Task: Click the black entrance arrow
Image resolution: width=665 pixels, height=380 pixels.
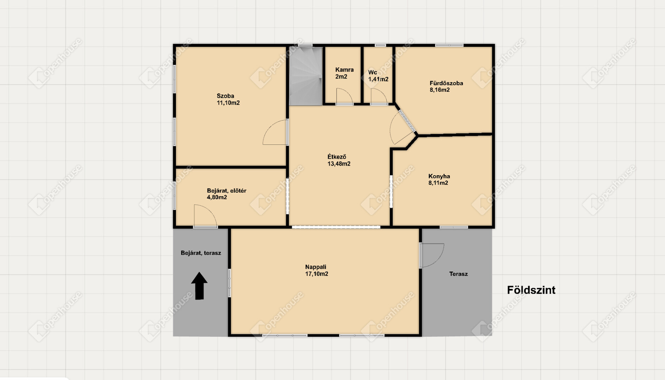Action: pos(199,286)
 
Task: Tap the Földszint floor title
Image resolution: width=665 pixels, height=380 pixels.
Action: pos(531,290)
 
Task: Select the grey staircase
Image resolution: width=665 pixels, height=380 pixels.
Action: pos(306,76)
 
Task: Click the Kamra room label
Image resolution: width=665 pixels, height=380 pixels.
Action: pos(344,70)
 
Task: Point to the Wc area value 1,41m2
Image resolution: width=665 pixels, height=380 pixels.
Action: pos(378,79)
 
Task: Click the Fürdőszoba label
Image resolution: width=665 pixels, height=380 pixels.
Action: pos(446,83)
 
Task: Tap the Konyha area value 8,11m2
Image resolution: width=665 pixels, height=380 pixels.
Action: pos(438,183)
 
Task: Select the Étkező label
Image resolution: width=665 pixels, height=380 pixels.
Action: pos(337,157)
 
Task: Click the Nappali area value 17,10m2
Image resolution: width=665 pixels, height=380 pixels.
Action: pos(317,274)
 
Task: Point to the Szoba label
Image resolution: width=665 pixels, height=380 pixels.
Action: pos(225,96)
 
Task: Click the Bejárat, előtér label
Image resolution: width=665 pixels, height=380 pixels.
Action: pos(227,191)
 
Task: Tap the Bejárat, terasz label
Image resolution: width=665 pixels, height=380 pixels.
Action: pos(201,253)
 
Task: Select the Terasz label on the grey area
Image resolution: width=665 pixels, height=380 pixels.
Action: pos(458,274)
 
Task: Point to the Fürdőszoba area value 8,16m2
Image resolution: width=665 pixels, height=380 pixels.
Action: pos(439,90)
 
